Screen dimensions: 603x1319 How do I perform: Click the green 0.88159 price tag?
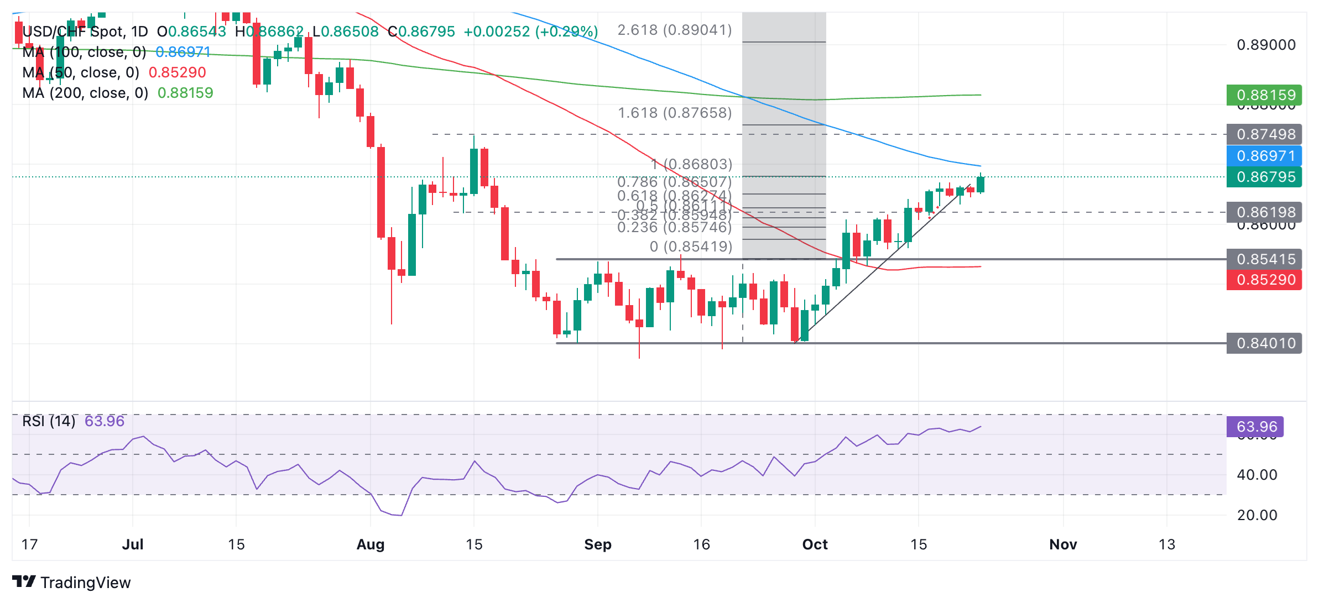click(x=1264, y=95)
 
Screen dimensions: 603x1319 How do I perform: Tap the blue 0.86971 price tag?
click(x=1264, y=156)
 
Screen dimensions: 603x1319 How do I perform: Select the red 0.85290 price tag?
click(x=1264, y=280)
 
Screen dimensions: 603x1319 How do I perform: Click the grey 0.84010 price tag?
click(x=1264, y=343)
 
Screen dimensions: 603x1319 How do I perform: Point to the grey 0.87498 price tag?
click(x=1264, y=134)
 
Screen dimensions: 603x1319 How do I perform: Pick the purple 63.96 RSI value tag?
click(x=1255, y=427)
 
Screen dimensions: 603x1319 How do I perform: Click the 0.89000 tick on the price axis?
click(x=1266, y=45)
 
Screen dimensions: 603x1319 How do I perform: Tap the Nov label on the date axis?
click(x=1063, y=544)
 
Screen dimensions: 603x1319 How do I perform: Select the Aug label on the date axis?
click(x=370, y=544)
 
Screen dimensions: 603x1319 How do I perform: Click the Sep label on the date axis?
click(x=598, y=544)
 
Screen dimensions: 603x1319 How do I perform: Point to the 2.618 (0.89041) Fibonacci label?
click(x=675, y=30)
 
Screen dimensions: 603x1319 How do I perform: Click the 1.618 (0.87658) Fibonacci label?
click(x=675, y=113)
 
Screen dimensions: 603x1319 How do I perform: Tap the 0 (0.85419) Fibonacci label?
click(x=691, y=247)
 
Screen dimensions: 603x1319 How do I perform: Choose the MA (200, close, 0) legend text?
click(x=85, y=93)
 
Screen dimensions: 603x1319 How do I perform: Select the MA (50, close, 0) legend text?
click(x=81, y=72)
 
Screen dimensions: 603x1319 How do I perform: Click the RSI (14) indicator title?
click(x=49, y=421)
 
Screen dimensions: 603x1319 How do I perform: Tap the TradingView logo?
click(x=71, y=582)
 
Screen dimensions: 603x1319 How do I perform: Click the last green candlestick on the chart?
click(x=981, y=184)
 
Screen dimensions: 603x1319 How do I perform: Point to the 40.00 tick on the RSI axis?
click(x=1257, y=475)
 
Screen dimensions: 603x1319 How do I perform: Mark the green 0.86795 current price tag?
click(x=1264, y=177)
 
